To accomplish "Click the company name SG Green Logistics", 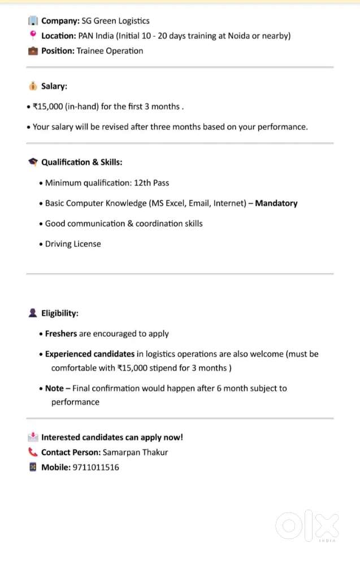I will (116, 21).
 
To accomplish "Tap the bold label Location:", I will (59, 36).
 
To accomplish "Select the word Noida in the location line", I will (239, 36).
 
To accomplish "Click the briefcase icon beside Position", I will (32, 51).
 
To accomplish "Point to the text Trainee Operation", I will (110, 51).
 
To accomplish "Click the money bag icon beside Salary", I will (32, 86).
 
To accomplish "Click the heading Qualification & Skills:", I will (82, 162).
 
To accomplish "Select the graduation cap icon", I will (32, 162).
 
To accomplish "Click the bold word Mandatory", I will (276, 203).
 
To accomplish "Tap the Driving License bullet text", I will (73, 244).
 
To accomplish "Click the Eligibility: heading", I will (60, 313).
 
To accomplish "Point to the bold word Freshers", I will (60, 333).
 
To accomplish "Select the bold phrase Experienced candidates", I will (90, 354).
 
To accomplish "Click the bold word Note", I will (54, 388).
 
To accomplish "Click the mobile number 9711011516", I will (96, 467).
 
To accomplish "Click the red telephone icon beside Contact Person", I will (32, 452).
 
